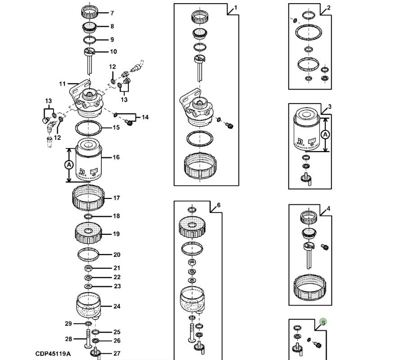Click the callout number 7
pos(112,13)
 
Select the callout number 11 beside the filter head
pos(62,84)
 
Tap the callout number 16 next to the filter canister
pos(116,157)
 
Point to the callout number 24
pos(117,306)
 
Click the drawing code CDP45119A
pos(53,354)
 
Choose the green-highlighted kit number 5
pos(323,323)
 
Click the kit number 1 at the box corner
pos(235,8)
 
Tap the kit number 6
pos(218,205)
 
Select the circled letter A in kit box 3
pos(325,134)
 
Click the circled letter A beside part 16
pos(68,165)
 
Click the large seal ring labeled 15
pos(89,128)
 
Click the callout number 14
pos(145,117)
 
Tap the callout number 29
pos(68,324)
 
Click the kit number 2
pos(328,8)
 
